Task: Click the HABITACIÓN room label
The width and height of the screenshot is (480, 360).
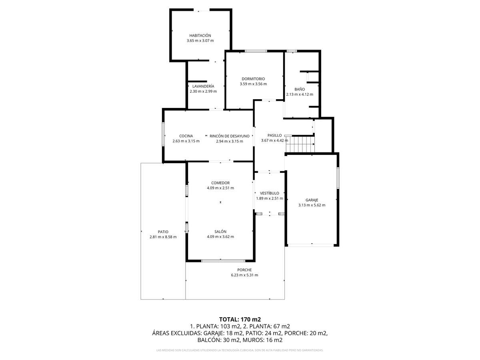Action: click(x=200, y=36)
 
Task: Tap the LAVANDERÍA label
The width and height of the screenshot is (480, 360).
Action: click(x=203, y=86)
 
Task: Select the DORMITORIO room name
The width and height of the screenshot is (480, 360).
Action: click(x=253, y=79)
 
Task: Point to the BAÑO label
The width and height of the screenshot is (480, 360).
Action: click(x=300, y=89)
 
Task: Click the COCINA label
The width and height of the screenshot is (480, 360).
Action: click(x=186, y=136)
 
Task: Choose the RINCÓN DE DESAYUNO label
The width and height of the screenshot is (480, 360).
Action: click(x=229, y=136)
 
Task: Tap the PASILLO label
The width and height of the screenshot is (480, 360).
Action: click(x=274, y=135)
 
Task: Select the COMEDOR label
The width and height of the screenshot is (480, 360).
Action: click(x=220, y=183)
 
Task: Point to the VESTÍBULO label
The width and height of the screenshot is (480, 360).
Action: click(x=270, y=193)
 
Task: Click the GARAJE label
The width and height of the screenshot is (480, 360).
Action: click(x=312, y=200)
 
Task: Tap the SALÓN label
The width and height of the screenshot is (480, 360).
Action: click(x=220, y=232)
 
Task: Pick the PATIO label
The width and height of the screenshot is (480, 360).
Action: click(x=163, y=232)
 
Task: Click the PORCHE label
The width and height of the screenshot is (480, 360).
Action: click(x=244, y=270)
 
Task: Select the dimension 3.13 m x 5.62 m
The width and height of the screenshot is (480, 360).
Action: click(x=312, y=205)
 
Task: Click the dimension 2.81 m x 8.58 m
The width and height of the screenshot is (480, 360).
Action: click(x=163, y=237)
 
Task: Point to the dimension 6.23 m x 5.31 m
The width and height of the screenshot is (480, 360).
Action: click(x=244, y=275)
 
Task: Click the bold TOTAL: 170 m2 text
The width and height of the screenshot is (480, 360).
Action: click(x=240, y=319)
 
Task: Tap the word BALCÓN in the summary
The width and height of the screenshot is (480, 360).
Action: click(x=208, y=340)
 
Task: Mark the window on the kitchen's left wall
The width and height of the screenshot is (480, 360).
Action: click(x=163, y=134)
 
